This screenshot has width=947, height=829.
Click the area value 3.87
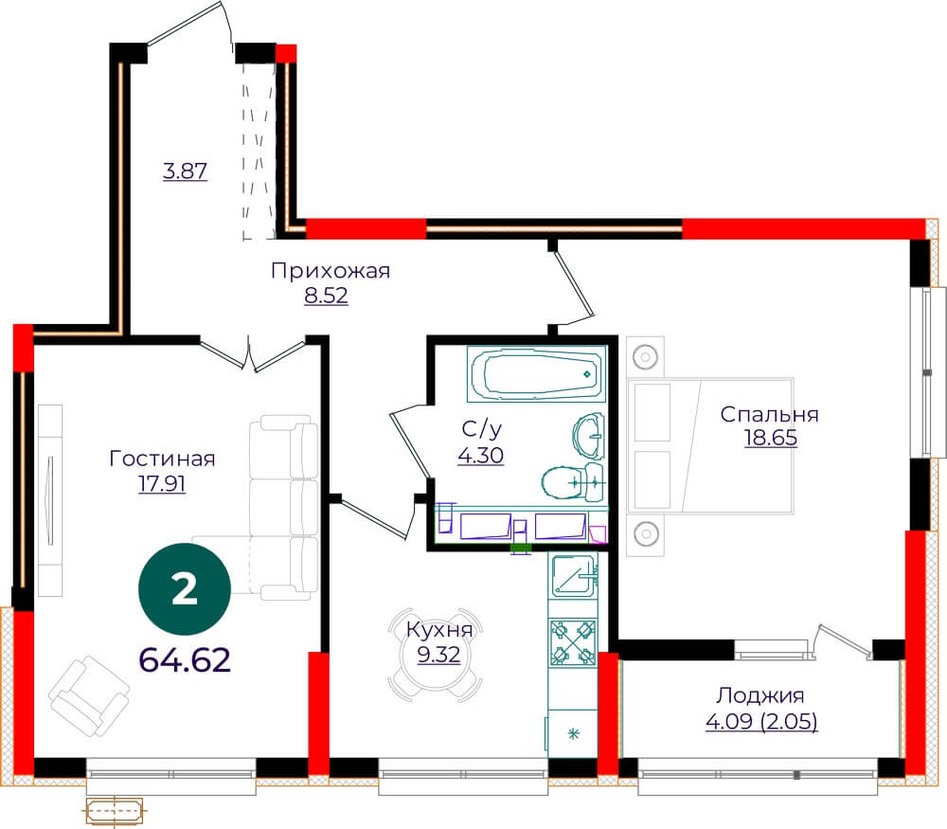pyautogui.click(x=186, y=171)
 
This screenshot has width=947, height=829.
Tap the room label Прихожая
pyautogui.click(x=331, y=271)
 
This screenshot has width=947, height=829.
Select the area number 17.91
pyautogui.click(x=162, y=484)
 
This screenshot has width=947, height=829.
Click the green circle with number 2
pyautogui.click(x=185, y=589)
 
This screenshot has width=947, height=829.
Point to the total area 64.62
pyautogui.click(x=185, y=659)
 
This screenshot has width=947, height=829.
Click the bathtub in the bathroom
pyautogui.click(x=536, y=373)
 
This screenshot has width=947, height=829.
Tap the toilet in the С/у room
pyautogui.click(x=573, y=482)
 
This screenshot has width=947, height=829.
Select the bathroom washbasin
pyautogui.click(x=588, y=435)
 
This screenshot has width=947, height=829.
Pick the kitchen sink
pyautogui.click(x=573, y=575)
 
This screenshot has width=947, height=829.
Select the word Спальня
pyautogui.click(x=769, y=415)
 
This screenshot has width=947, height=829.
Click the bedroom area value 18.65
pyautogui.click(x=771, y=438)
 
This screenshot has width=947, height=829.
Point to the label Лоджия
pyautogui.click(x=760, y=696)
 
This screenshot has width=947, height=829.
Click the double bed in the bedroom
pyautogui.click(x=710, y=446)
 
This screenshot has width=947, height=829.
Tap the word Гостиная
pyautogui.click(x=163, y=459)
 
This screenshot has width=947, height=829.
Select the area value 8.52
pyautogui.click(x=326, y=296)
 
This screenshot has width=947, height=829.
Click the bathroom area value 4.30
pyautogui.click(x=481, y=455)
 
